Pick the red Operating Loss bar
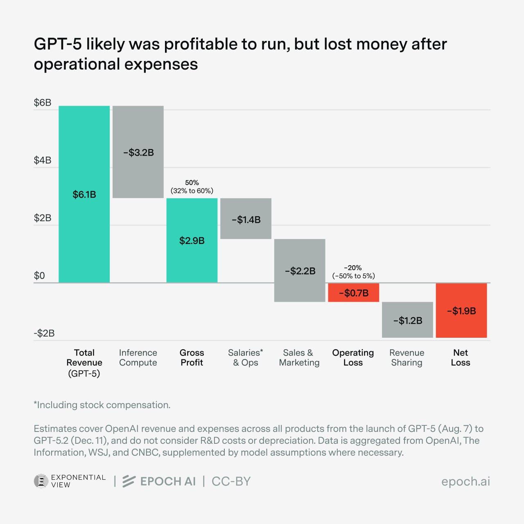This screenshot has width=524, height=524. point(353,293)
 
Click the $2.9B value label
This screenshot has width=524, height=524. point(192,241)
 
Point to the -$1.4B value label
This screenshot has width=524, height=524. point(246,220)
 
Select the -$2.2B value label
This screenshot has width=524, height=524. point(300,271)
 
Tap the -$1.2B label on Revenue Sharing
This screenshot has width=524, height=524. point(407,321)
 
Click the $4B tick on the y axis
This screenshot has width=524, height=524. point(43,160)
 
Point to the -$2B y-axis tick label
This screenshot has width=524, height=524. point(44,333)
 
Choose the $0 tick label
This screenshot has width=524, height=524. point(39,276)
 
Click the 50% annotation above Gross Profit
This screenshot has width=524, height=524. point(192,183)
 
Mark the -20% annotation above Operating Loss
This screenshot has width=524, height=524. point(353,268)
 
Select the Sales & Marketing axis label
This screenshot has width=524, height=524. point(299,357)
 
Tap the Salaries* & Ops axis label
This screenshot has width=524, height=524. point(246,357)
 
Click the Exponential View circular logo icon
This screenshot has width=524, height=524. point(41,481)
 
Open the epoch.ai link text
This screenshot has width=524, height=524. point(465,481)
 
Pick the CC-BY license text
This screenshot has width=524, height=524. point(231,481)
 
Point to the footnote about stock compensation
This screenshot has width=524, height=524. point(102,405)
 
